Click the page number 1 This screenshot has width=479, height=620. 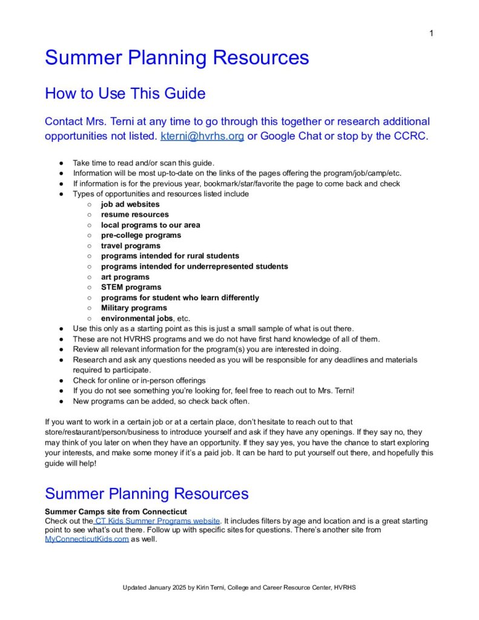coord(431,33)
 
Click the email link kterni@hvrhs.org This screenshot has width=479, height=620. coord(202,136)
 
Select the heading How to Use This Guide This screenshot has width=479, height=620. coord(125,94)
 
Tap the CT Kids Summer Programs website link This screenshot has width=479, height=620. coord(156,521)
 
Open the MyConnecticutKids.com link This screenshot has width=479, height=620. coord(87,539)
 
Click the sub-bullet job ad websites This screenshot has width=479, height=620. coord(130,205)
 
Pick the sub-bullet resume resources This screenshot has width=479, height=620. coord(134,215)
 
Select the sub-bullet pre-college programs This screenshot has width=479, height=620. coord(140,236)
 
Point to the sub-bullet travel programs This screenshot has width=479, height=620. coord(130,246)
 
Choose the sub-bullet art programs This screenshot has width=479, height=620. coord(125,277)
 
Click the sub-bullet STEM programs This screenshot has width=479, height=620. coord(131,288)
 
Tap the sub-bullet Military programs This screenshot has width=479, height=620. coord(134,308)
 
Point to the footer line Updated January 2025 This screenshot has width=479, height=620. coord(242,588)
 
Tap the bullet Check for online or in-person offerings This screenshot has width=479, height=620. coord(139,380)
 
